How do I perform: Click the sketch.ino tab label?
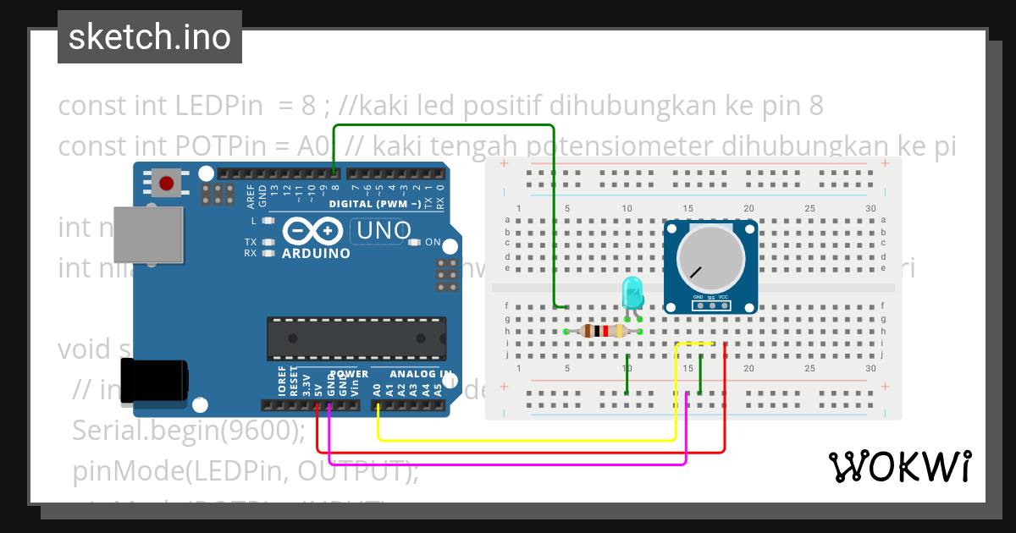click(x=149, y=37)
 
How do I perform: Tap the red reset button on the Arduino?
click(x=167, y=183)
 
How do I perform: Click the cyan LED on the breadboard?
click(x=632, y=292)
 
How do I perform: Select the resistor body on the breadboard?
click(x=603, y=332)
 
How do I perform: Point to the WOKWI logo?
click(x=899, y=466)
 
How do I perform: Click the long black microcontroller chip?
click(x=356, y=337)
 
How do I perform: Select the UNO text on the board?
click(x=384, y=230)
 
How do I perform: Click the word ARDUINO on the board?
click(x=316, y=253)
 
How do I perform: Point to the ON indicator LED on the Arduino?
click(x=414, y=242)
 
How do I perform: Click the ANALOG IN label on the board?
click(x=421, y=374)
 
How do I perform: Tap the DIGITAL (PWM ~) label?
click(x=374, y=204)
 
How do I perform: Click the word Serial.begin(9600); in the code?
click(x=188, y=431)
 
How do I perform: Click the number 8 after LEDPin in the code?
click(x=308, y=107)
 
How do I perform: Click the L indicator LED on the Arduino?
click(x=269, y=221)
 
